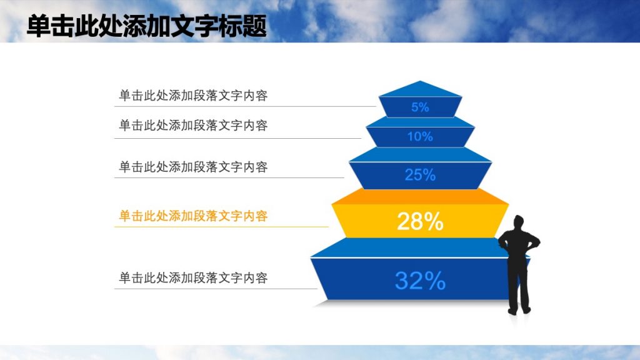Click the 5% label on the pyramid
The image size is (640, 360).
point(420,107)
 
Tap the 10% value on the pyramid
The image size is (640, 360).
point(420,136)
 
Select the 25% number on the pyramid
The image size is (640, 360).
point(420,175)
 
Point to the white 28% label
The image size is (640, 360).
point(420,221)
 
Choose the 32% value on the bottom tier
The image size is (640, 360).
point(420,281)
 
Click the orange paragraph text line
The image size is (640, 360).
point(193,216)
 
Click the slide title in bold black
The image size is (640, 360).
point(147,27)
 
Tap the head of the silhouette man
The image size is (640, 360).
point(518,222)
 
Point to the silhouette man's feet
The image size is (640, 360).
point(519,310)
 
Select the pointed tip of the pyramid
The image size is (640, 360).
point(421,82)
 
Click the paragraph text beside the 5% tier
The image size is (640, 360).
point(193,96)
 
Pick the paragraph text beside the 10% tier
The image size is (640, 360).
point(193,126)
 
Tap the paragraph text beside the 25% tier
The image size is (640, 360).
point(193,167)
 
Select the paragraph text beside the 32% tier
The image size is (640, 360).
point(193,277)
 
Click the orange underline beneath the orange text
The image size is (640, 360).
point(221,227)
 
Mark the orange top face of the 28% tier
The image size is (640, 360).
point(420,196)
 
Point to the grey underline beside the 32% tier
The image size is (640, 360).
point(216,289)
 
